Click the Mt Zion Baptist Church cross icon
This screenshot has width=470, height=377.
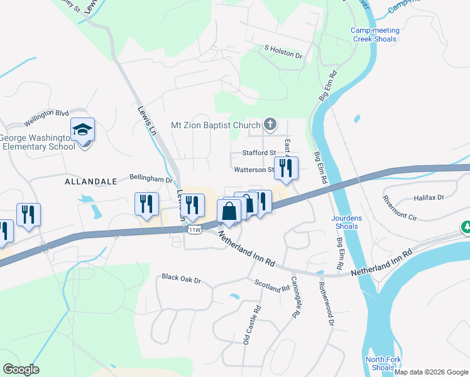270,124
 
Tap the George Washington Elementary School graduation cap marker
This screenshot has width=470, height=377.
82,130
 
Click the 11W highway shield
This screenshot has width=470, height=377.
195,230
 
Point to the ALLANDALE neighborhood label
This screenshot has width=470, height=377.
91,181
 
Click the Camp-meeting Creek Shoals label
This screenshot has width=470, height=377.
373,34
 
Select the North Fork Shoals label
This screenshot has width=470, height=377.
380,363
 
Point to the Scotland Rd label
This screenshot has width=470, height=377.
271,284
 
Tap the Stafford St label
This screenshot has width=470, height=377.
259,153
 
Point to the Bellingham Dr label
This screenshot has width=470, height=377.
151,179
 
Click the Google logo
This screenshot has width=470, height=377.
21,369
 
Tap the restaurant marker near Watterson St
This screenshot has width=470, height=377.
286,168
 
